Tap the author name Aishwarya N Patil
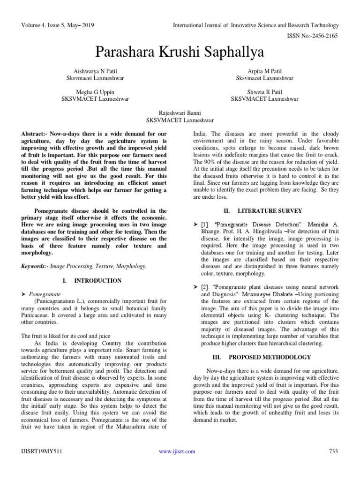pos(96,71)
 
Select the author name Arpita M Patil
pos(265,71)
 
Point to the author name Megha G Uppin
pos(96,92)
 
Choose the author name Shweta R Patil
pos(265,92)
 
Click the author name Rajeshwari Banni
pos(180,113)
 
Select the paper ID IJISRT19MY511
pos(42,451)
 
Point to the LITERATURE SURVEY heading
pos(270,211)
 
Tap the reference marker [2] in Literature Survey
pos(205,286)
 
